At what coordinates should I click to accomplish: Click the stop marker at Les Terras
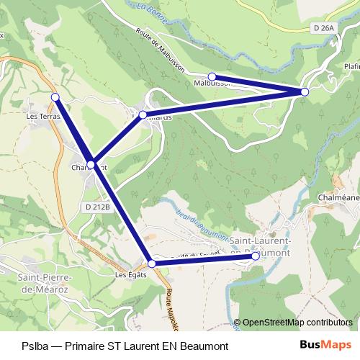point(55,96)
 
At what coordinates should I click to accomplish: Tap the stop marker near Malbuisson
point(212,76)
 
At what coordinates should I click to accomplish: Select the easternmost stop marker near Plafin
point(305,91)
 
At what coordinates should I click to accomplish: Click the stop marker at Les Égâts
point(151,264)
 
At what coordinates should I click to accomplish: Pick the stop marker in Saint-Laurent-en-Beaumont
point(256,256)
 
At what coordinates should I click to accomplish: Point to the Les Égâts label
point(131,274)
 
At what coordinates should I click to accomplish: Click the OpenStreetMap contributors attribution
point(296,323)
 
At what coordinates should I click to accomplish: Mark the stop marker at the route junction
point(91,165)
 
